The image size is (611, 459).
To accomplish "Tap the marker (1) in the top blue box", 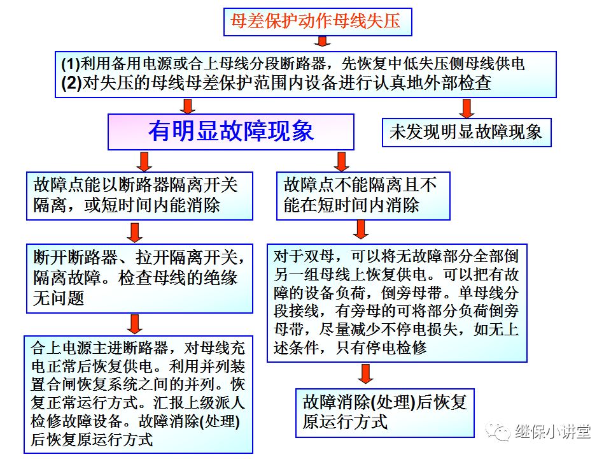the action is [x=70, y=64].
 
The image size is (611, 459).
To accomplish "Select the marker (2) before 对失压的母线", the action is [x=71, y=83].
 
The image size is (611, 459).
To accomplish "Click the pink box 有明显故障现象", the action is [x=231, y=131].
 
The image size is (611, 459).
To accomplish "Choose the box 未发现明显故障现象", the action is [x=466, y=132].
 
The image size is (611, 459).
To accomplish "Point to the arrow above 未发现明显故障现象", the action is [x=467, y=106].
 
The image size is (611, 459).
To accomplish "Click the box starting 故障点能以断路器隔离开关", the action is [x=139, y=196].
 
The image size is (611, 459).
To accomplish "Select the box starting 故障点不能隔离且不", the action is [x=363, y=196].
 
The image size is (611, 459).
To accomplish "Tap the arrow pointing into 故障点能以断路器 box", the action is [x=144, y=160].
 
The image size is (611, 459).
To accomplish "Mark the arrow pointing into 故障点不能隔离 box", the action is [x=342, y=160].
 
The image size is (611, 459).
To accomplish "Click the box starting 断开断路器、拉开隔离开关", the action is [x=139, y=278].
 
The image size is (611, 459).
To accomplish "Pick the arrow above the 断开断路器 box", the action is [x=134, y=231].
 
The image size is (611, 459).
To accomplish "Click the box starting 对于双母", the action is [x=397, y=303].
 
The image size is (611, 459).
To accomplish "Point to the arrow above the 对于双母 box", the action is [x=362, y=229].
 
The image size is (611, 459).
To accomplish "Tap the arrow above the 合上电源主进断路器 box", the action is [x=134, y=323].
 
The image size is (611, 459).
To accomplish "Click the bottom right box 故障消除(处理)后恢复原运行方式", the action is [x=385, y=412].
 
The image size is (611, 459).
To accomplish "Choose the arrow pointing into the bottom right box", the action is [x=366, y=374].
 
